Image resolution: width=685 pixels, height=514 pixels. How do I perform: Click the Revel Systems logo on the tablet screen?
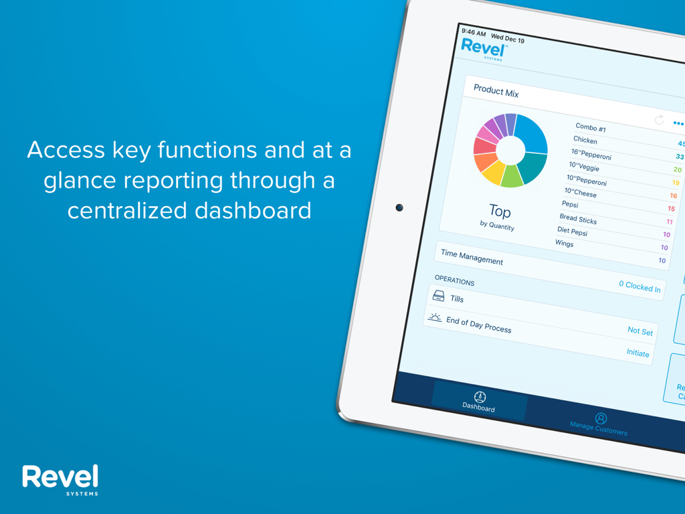[484, 49]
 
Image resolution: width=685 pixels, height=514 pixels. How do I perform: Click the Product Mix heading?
[496, 90]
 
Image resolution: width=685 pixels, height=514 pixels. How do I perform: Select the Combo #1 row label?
[591, 127]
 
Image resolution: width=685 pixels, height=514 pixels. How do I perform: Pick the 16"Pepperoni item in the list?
[591, 155]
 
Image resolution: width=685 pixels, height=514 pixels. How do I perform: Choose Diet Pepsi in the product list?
[572, 231]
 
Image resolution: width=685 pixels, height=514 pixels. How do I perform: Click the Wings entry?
[564, 243]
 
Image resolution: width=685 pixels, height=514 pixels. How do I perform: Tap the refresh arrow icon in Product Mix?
[660, 120]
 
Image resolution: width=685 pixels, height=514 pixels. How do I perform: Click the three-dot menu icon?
[678, 124]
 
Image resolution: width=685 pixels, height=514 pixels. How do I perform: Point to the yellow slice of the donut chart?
[493, 173]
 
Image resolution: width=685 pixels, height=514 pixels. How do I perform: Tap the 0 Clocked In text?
[639, 286]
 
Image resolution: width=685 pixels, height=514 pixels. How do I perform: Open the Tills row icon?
[439, 295]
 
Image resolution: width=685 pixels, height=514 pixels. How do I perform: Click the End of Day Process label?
[478, 325]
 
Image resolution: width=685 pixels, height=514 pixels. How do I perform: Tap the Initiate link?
[638, 353]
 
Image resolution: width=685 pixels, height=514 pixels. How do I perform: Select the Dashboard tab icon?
[480, 397]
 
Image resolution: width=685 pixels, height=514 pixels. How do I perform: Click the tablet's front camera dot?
[399, 207]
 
